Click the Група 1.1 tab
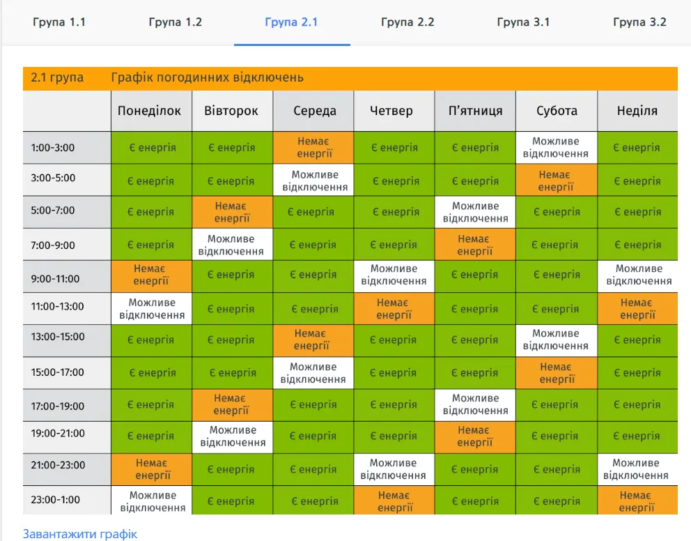coord(59,22)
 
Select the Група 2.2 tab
coord(407,22)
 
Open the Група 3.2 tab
coord(639,22)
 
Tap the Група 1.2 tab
coord(176,22)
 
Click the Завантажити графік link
coord(80,534)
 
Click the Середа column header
coord(314,111)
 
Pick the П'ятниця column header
coord(475,111)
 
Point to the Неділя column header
coord(637,111)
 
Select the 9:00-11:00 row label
coord(56,279)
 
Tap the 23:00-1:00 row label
coord(56,500)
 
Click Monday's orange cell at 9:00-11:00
coord(151,275)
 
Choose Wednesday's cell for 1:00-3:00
coord(313,147)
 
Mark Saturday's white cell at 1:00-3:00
coord(556,147)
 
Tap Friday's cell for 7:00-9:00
coord(475,244)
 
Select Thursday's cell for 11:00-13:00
coord(394,308)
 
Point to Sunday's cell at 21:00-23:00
coord(637,469)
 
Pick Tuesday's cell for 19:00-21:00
coord(233,436)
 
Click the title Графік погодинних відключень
coord(207,77)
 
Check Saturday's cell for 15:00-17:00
coord(556,372)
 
